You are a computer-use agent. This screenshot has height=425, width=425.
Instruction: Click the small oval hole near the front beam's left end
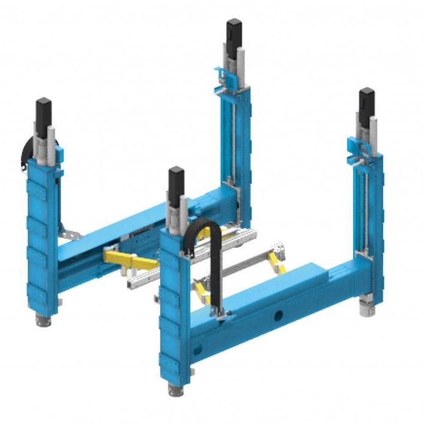[x=193, y=348]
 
